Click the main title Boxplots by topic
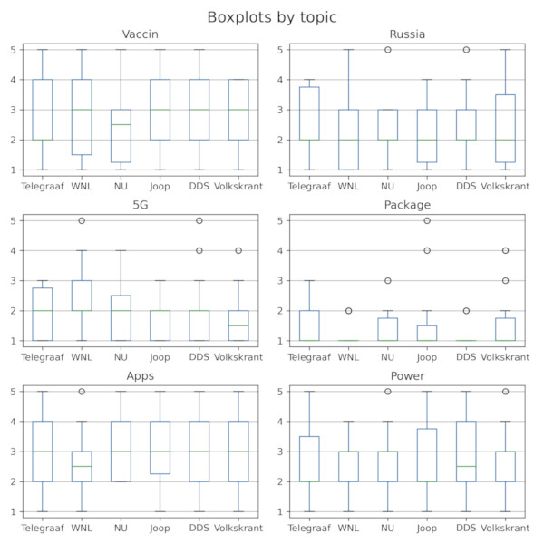[271, 17]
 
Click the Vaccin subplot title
[140, 35]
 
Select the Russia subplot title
[406, 35]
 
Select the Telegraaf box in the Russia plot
[308, 113]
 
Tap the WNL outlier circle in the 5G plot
[82, 220]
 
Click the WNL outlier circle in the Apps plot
[82, 392]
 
